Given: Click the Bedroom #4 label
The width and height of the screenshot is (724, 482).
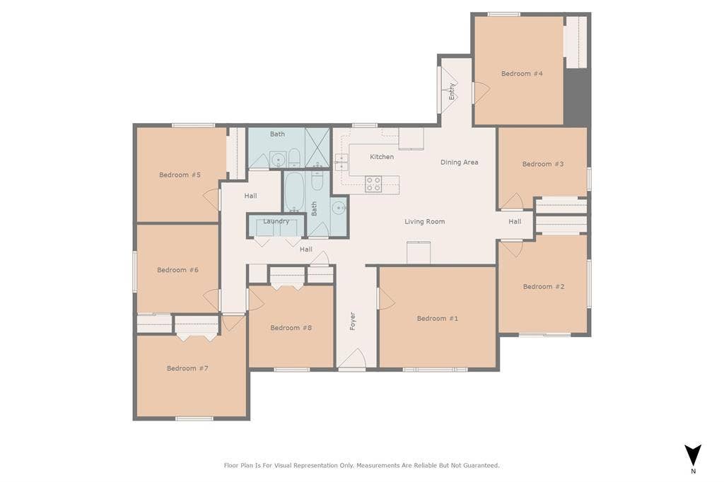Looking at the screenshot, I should click(x=522, y=74).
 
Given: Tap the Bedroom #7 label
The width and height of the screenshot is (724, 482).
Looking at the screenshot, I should click(x=187, y=368).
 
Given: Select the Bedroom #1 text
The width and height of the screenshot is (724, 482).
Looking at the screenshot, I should click(x=437, y=319).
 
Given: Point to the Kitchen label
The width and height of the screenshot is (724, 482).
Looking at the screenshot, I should click(x=382, y=157).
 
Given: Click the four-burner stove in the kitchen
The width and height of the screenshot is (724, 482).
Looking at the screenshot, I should click(x=373, y=184).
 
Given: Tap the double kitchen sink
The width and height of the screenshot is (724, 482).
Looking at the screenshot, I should click(x=341, y=163).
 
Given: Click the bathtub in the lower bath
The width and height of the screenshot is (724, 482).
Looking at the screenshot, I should click(x=294, y=192).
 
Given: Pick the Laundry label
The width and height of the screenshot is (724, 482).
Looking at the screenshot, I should click(x=276, y=221).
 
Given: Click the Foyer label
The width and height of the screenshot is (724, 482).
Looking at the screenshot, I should click(x=353, y=321).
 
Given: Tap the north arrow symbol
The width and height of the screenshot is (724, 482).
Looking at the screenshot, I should click(x=693, y=455).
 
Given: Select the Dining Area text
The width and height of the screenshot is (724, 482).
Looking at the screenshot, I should click(x=460, y=163).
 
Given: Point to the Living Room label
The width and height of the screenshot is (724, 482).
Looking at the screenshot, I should click(x=425, y=222).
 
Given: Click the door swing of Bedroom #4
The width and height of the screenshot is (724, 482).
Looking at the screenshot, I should click(x=481, y=92).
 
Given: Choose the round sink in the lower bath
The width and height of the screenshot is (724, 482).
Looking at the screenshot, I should click(x=339, y=207).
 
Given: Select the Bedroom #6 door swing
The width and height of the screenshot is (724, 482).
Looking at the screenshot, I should click(x=211, y=299).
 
